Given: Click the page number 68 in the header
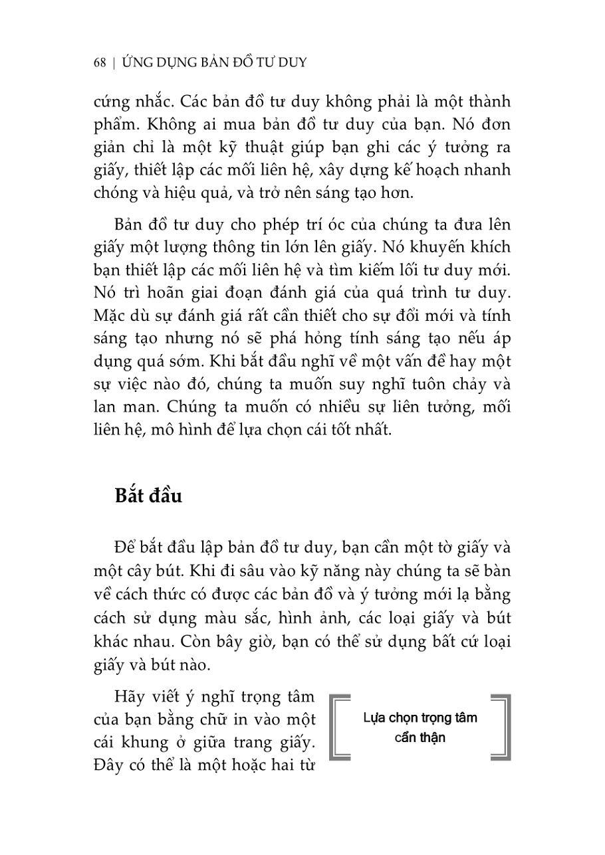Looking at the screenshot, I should pyautogui.click(x=100, y=63).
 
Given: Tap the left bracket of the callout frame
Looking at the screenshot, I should pyautogui.click(x=340, y=727).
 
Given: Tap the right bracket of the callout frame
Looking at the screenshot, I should pyautogui.click(x=501, y=727).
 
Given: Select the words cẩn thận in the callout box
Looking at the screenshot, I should pyautogui.click(x=420, y=738).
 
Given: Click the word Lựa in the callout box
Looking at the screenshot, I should pyautogui.click(x=376, y=718).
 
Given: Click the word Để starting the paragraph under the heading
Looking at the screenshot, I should pyautogui.click(x=125, y=548).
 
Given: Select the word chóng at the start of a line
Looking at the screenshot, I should pyautogui.click(x=116, y=193).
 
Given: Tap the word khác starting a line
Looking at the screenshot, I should pyautogui.click(x=113, y=641).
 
